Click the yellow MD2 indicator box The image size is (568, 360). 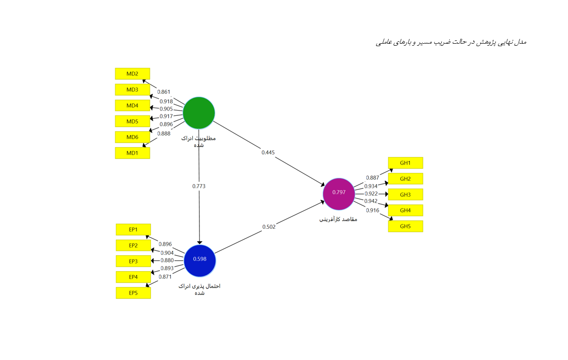(x=132, y=74)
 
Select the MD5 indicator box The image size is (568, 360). (x=132, y=121)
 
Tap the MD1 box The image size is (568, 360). (x=132, y=153)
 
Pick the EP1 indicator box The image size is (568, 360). (x=133, y=230)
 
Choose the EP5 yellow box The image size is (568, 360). (x=133, y=293)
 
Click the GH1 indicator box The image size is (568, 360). (x=405, y=163)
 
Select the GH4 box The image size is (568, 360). (x=405, y=211)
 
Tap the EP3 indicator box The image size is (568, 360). (x=133, y=261)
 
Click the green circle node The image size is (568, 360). (x=198, y=113)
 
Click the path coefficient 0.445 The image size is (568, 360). (x=268, y=152)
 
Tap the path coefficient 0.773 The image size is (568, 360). (x=199, y=186)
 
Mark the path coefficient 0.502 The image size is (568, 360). (x=269, y=227)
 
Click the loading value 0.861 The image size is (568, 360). (x=163, y=92)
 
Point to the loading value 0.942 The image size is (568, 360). (x=371, y=201)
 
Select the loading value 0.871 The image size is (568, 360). (x=165, y=277)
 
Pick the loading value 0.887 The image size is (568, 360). (x=372, y=178)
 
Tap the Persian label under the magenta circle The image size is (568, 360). (x=338, y=219)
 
